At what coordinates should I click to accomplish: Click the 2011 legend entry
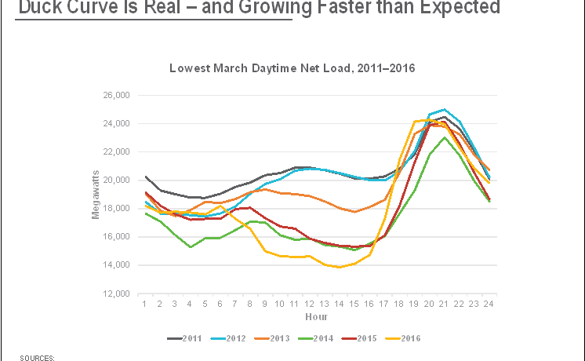pos(186,338)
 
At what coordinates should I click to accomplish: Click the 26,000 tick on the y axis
pos(116,96)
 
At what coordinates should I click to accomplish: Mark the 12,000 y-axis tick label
pos(116,294)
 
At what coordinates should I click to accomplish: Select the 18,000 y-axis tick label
pos(116,209)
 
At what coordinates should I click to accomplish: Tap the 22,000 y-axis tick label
pos(116,152)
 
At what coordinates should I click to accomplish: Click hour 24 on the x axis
pos(488,303)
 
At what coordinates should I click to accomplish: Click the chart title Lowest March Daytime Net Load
pos(292,68)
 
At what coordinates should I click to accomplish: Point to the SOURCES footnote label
pos(38,357)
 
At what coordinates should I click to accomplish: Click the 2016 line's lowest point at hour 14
pos(338,268)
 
